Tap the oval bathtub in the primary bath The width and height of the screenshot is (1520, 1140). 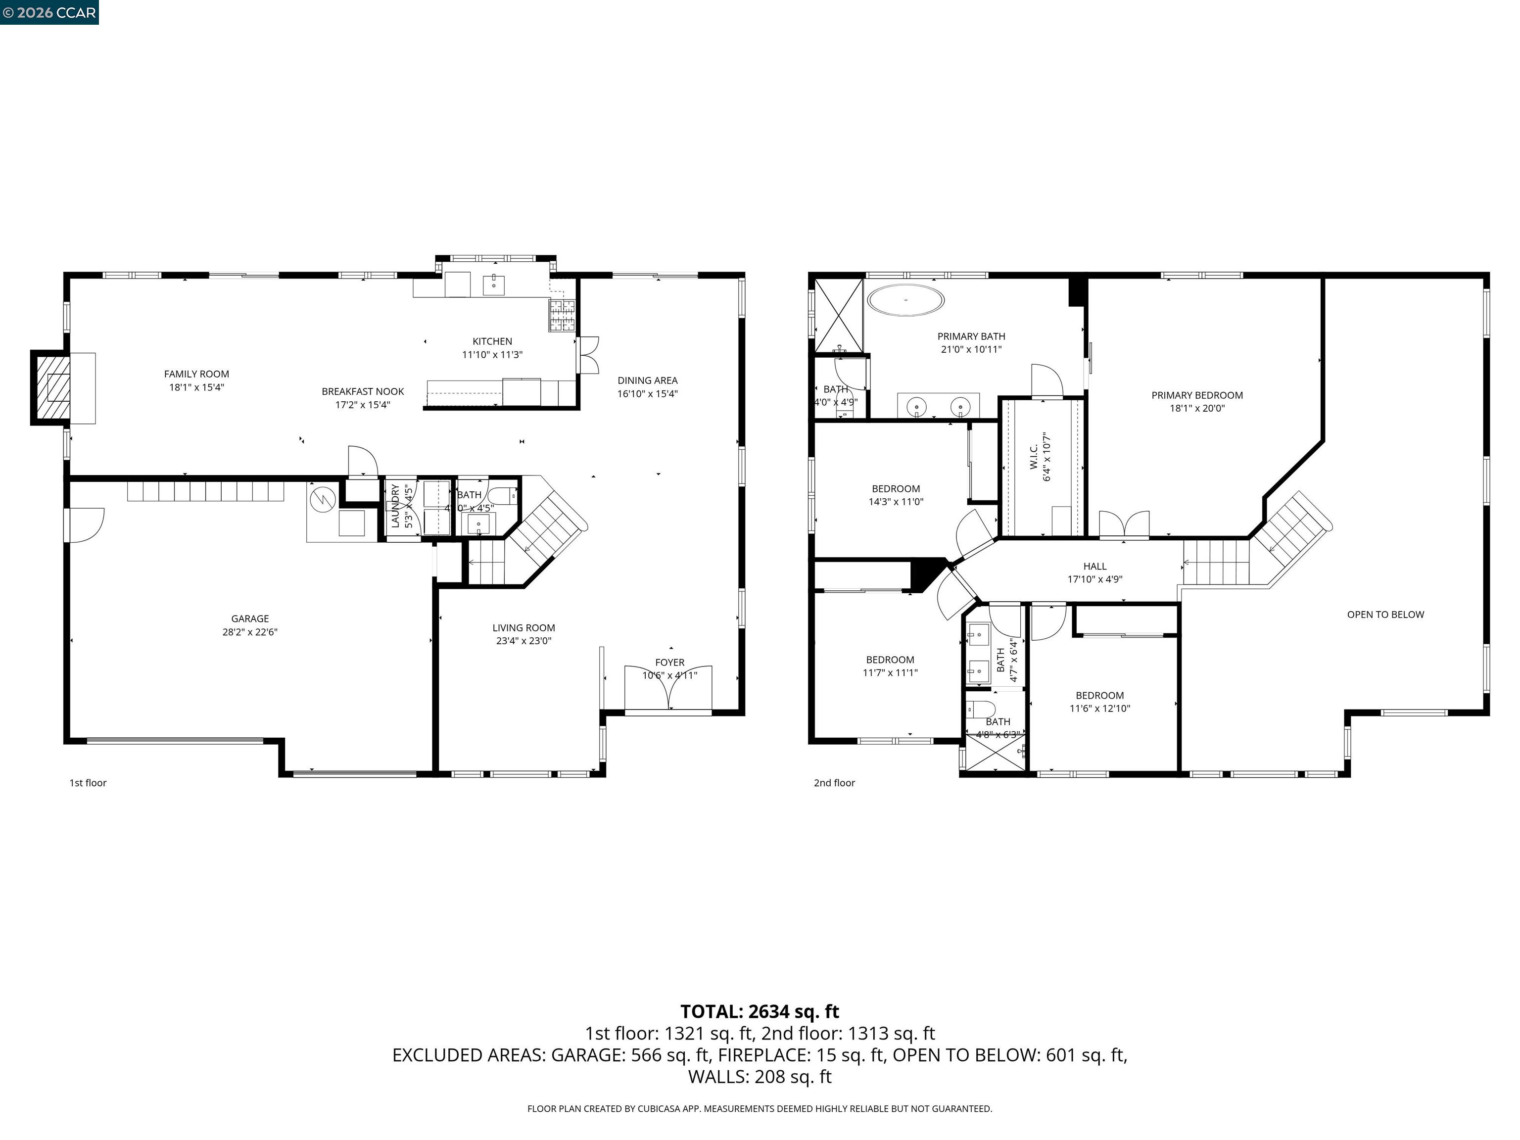905,300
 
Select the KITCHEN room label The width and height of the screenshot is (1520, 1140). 492,341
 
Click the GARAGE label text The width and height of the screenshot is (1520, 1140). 250,619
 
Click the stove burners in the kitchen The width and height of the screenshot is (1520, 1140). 562,315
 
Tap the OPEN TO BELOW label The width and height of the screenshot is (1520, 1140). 1385,615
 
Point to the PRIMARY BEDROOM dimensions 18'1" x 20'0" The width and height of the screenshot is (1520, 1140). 1197,408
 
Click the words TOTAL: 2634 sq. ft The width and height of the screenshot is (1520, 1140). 760,1011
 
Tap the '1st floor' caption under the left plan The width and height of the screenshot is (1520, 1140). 88,783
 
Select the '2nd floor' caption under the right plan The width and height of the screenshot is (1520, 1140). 834,783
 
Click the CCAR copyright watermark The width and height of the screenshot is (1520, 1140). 49,12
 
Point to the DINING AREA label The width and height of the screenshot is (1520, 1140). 647,380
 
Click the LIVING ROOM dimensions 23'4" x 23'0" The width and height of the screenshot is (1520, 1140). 523,641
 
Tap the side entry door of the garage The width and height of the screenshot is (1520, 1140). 83,525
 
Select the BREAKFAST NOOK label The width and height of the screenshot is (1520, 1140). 363,392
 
